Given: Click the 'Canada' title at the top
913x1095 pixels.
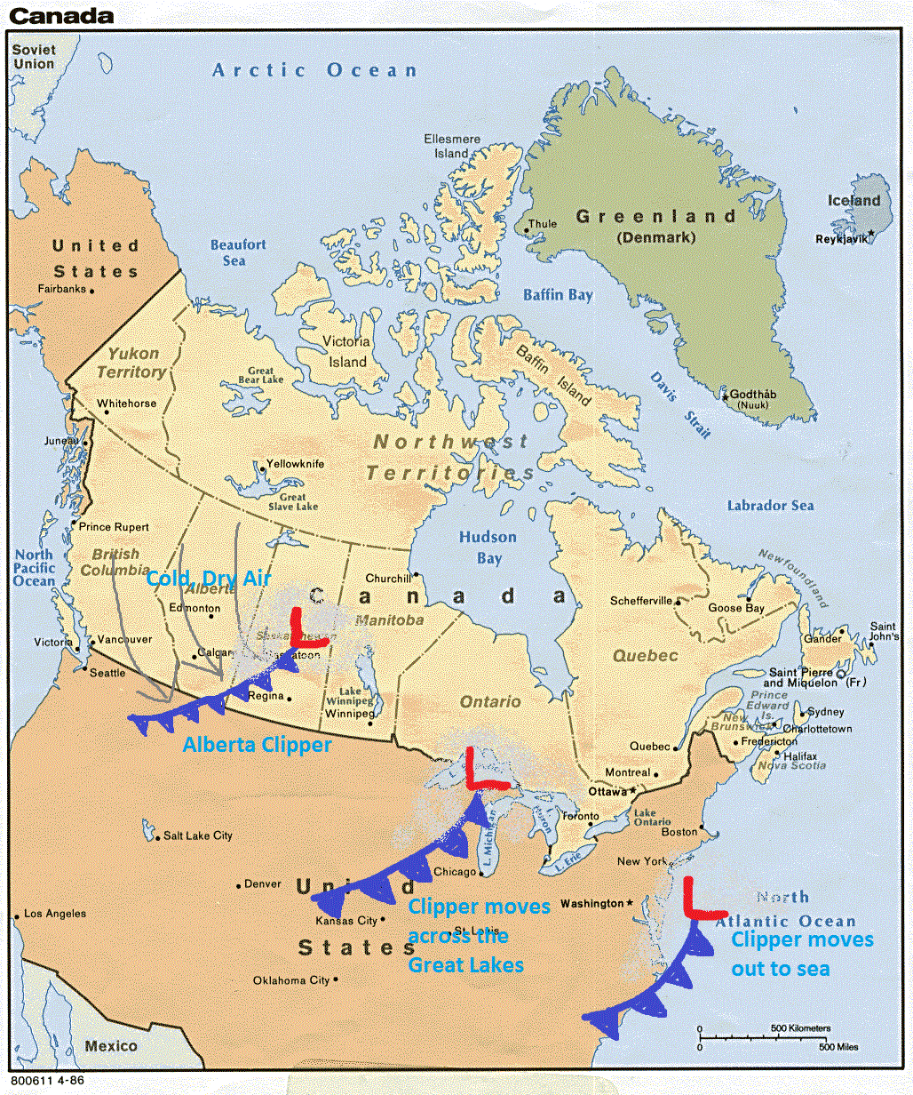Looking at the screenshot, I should pos(61,15).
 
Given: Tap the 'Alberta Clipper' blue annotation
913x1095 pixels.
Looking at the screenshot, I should pos(257,745).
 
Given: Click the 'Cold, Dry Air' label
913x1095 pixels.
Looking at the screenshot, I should pos(208,579).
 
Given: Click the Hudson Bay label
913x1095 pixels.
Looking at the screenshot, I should pos(488,547).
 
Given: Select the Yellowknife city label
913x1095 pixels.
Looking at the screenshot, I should pos(296,464).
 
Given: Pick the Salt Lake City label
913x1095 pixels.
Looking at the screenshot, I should pos(197,835).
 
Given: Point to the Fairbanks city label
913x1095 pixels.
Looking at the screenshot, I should pos(62,289).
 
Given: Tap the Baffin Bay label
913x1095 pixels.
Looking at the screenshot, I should pos(557,295).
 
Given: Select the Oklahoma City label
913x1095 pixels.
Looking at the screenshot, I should pos(290,980).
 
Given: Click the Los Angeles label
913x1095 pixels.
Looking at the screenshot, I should pos(55,914).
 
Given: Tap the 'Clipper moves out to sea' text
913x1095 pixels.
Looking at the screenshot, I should pos(801,954).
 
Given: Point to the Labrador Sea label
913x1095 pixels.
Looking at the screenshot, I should pos(770,505).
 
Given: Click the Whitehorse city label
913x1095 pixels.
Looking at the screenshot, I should pos(126,404).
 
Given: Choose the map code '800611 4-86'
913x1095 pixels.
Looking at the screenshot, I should pos(50,1082).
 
